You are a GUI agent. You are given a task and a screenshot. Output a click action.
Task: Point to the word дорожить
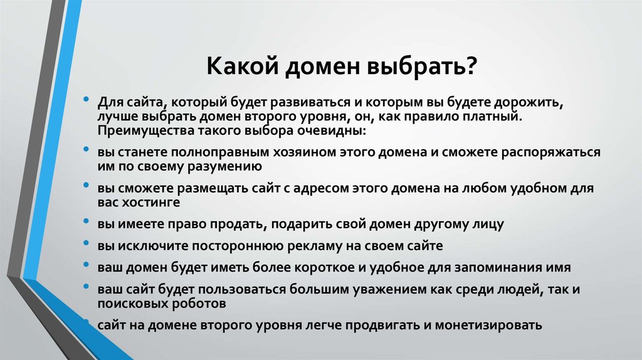(529, 102)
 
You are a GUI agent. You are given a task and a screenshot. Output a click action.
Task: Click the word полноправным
(219, 152)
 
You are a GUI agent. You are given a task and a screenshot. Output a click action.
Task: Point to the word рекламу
(315, 246)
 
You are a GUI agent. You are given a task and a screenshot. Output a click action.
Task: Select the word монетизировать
(488, 326)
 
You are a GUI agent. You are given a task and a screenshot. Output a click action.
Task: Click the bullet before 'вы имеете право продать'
(86, 221)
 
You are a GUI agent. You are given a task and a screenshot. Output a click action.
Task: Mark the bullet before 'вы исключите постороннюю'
(86, 243)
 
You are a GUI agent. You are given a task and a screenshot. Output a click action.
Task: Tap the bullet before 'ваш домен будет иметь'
(86, 264)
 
